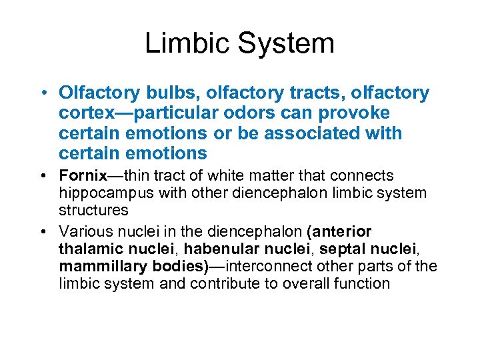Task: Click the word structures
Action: [x=93, y=210]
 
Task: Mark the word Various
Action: [x=83, y=231]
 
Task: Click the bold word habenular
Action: [x=217, y=249]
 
